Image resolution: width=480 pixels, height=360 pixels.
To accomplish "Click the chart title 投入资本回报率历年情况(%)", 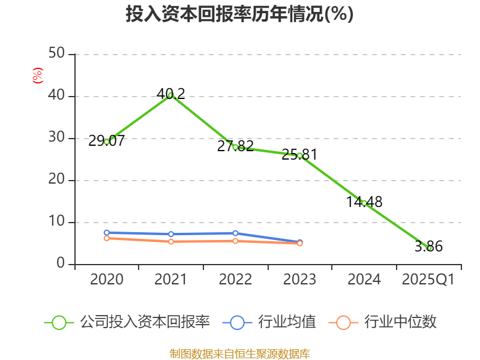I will tap(239, 14).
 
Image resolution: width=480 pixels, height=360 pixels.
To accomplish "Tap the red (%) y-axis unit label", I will tap(37, 76).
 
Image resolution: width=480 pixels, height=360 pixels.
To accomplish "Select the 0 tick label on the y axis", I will tap(61, 264).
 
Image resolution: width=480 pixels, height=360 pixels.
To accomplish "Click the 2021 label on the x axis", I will tap(171, 280).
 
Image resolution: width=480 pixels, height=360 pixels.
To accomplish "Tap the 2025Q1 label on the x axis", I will tap(428, 280).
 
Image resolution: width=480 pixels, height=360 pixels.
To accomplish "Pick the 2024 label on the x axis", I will tap(364, 280).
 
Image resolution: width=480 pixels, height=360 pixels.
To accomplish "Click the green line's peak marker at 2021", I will tap(171, 95).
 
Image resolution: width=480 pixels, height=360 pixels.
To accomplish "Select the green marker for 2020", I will tap(107, 142).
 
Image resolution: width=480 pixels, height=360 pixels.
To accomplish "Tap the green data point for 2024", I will tap(364, 203).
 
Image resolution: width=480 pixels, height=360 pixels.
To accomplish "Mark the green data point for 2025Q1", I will tap(428, 248).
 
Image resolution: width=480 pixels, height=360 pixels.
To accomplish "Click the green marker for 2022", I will tap(235, 147).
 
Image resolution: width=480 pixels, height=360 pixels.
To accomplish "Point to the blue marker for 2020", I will tap(107, 232).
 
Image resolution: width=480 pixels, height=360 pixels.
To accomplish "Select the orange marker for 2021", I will tap(171, 241).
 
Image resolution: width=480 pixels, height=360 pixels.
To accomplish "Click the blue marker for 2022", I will tap(235, 233).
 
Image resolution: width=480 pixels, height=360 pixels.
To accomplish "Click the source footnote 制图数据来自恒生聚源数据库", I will tap(239, 353).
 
